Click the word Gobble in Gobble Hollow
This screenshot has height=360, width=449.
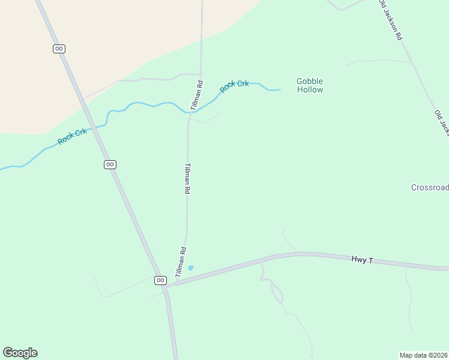310,81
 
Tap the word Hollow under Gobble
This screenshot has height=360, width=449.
310,90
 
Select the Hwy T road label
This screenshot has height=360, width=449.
363,260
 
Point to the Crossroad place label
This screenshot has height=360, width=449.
430,187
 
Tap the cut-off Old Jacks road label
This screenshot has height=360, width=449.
442,123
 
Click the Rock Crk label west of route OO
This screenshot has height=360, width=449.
72,136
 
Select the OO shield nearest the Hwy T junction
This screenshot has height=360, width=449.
160,280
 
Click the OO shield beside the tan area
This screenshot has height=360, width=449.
59,49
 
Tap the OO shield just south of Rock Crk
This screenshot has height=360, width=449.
110,164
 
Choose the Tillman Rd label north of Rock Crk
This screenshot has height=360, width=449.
197,95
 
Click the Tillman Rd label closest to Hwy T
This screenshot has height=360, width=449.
181,262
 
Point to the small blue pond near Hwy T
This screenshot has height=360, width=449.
191,268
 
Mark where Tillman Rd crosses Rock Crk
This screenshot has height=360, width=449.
190,112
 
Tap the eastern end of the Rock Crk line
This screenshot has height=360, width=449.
279,90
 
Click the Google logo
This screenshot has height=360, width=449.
20,353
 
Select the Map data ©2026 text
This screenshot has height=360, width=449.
423,355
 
